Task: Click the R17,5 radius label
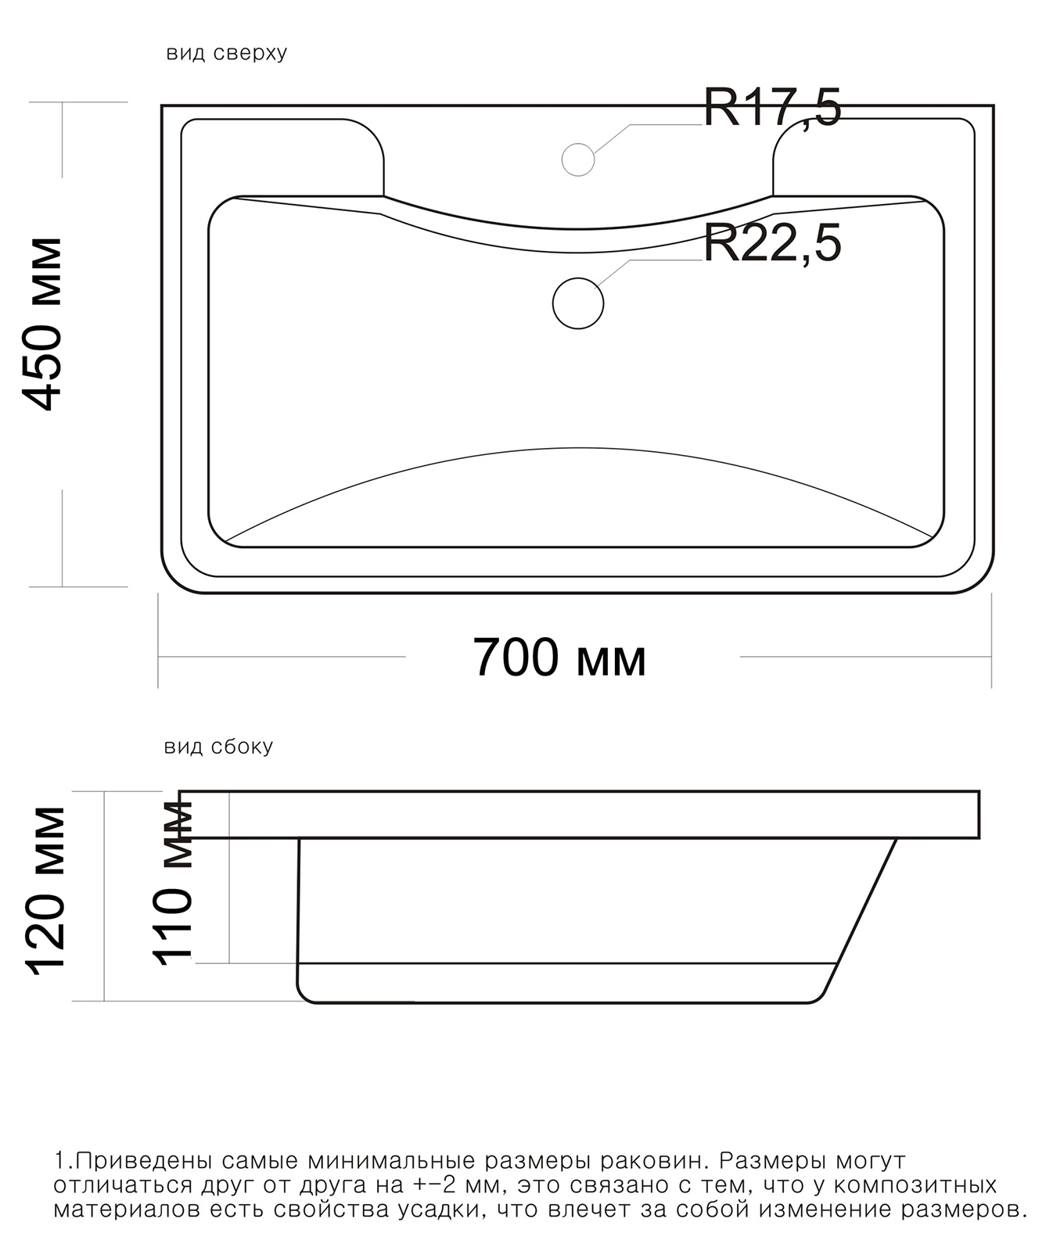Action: (x=772, y=107)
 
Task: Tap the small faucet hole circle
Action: (x=578, y=160)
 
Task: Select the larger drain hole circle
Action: (x=578, y=303)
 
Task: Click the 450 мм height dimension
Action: (x=41, y=323)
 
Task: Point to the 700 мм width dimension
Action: (x=560, y=658)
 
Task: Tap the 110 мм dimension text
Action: (x=172, y=883)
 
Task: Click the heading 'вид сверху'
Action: (x=227, y=53)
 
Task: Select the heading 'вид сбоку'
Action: (x=218, y=747)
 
